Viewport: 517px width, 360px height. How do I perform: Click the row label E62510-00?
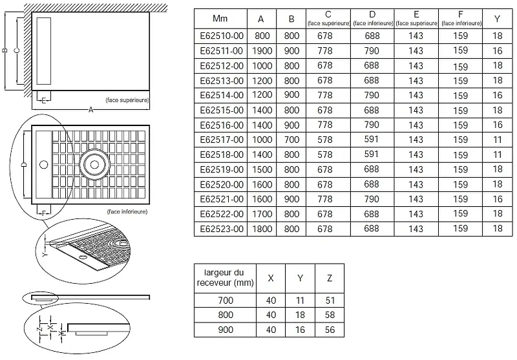221,36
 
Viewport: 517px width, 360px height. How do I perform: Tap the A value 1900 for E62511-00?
262,50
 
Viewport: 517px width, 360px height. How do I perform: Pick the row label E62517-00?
221,140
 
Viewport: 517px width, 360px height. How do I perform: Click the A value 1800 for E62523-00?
262,229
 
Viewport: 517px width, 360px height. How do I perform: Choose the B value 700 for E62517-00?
292,140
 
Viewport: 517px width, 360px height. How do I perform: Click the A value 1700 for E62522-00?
262,214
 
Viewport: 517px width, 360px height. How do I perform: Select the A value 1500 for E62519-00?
262,169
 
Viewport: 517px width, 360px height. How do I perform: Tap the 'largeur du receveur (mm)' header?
224,278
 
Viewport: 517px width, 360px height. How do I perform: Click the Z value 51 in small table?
330,300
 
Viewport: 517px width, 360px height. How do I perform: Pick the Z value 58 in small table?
330,315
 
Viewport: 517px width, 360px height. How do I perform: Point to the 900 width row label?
224,330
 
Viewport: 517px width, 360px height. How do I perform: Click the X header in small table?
271,278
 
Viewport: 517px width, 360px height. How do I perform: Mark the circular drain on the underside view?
95,164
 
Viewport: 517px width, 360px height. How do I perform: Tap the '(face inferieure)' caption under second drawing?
127,211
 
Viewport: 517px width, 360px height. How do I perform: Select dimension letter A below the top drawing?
91,111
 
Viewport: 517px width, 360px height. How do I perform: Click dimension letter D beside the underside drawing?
23,166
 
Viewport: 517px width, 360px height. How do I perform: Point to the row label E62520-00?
221,184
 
